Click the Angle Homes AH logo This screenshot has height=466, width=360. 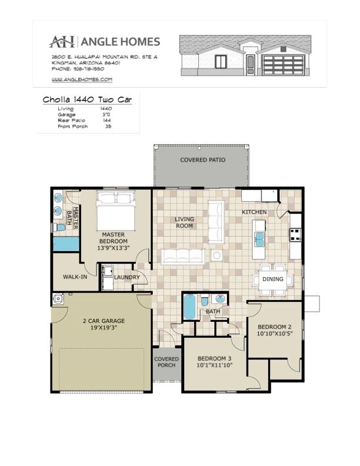[x=62, y=42]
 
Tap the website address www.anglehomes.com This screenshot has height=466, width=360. [x=82, y=79]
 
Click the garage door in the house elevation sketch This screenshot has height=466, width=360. [x=283, y=65]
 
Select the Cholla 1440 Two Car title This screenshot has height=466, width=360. [x=87, y=99]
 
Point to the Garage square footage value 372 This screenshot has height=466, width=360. [x=106, y=114]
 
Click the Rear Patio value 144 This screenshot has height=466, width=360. [x=106, y=121]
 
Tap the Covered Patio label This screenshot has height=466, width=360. [x=203, y=160]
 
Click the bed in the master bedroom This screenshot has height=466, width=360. [x=116, y=211]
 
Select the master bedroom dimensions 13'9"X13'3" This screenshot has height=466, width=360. [x=114, y=248]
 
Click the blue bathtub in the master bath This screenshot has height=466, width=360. [x=66, y=244]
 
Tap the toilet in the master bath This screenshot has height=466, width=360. [x=59, y=228]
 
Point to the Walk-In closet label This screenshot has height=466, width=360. [x=75, y=277]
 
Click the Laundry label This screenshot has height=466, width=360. [x=127, y=277]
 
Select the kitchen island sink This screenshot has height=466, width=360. [x=259, y=239]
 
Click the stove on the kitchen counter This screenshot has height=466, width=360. [x=295, y=234]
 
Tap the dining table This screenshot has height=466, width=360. [x=273, y=279]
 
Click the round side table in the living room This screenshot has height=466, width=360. [x=217, y=255]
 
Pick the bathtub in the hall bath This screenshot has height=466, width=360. [x=189, y=307]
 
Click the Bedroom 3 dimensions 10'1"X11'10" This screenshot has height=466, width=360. [x=215, y=365]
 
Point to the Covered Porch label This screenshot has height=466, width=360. [x=166, y=362]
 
